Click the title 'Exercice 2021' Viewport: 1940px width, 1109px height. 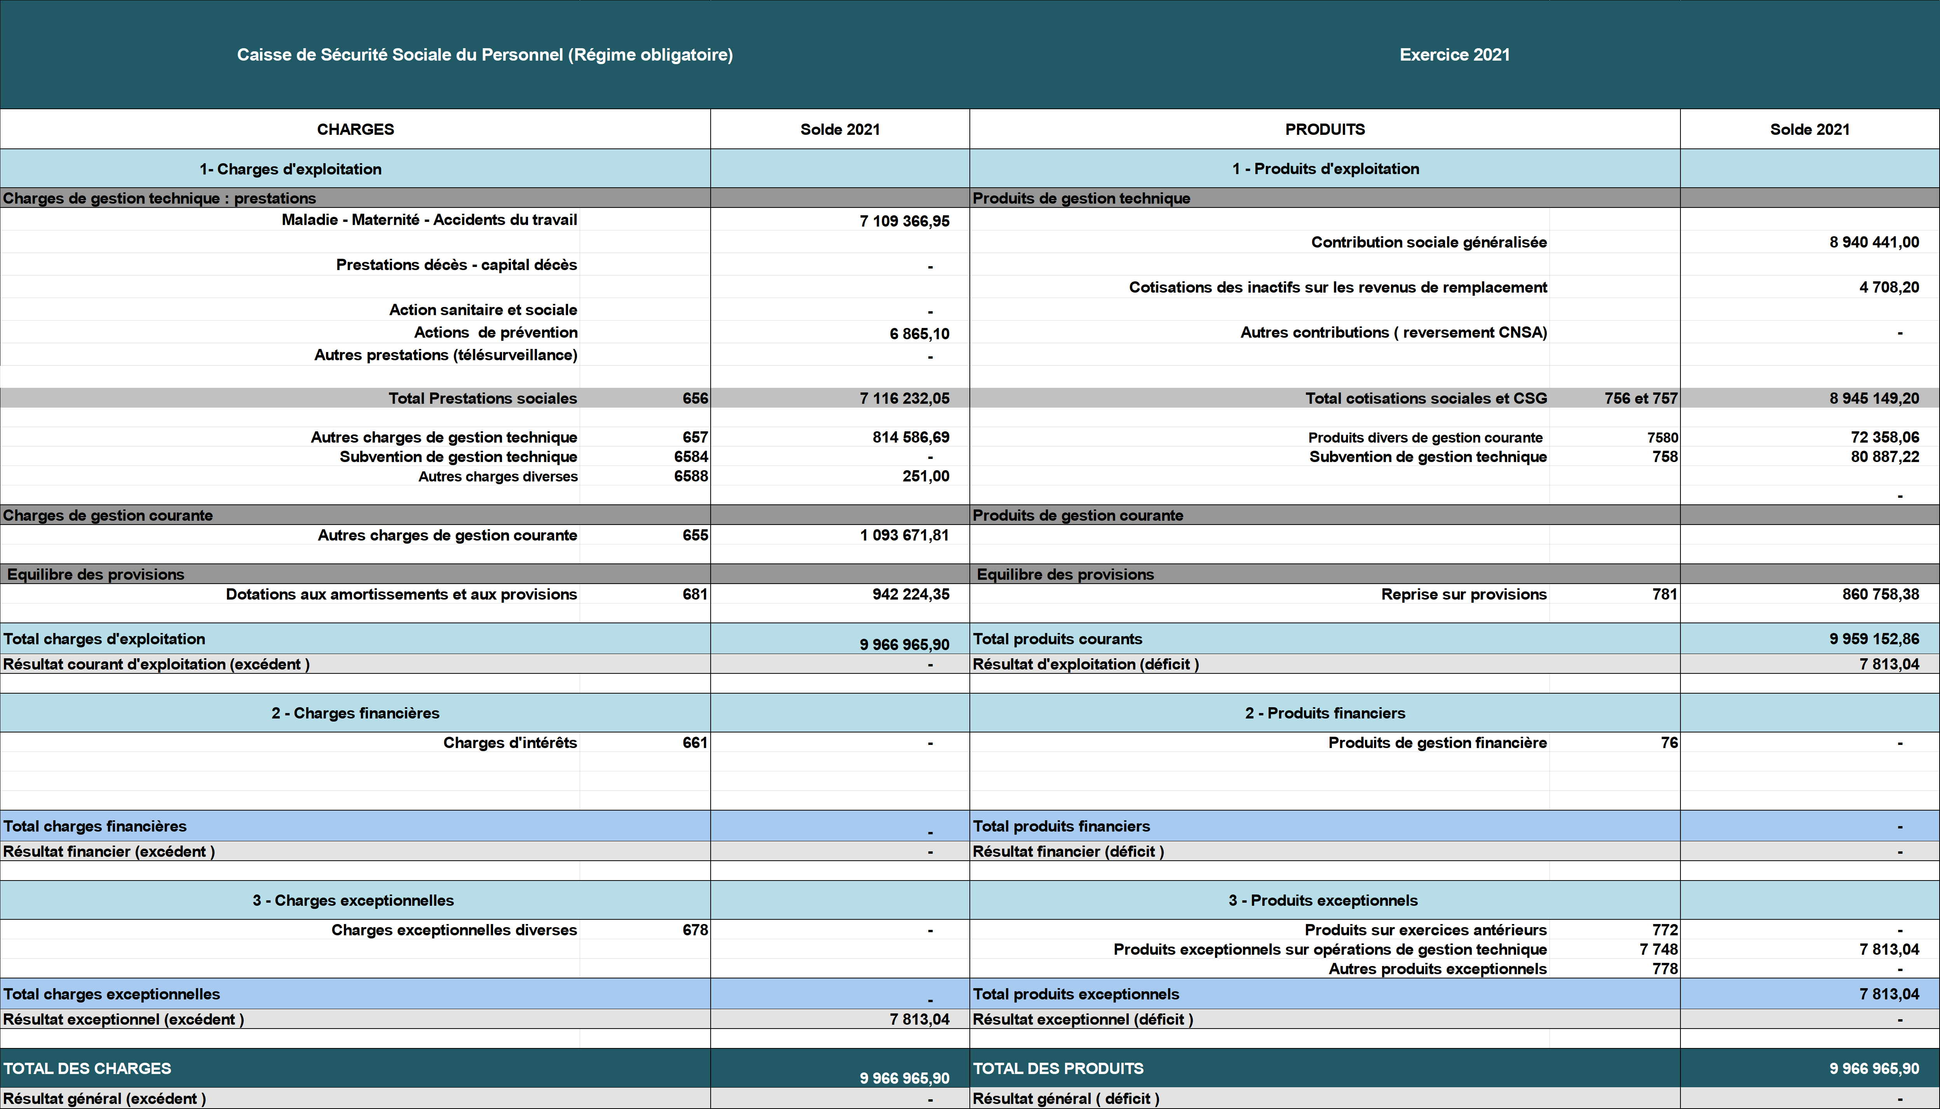[1454, 55]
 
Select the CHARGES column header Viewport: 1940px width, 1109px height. [356, 129]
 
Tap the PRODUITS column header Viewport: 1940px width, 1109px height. [1325, 129]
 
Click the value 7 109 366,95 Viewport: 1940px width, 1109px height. [905, 221]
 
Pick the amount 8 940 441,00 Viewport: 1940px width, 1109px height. [1874, 242]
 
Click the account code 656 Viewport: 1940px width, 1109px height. [695, 398]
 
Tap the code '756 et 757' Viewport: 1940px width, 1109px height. [1641, 398]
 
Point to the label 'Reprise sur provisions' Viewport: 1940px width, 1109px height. [1463, 594]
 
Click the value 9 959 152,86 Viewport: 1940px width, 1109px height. [1874, 639]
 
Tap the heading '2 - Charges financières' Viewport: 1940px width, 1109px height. [356, 713]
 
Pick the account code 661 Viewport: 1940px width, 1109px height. [695, 743]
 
